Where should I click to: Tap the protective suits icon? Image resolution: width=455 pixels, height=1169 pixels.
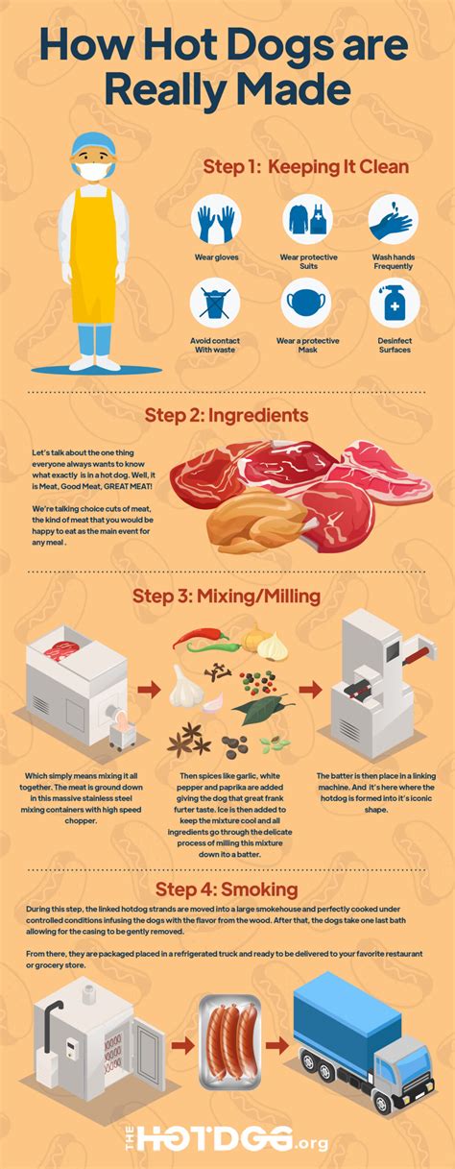306,220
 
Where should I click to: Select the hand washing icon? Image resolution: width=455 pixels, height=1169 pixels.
394,220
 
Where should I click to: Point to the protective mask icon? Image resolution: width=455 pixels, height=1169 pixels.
306,304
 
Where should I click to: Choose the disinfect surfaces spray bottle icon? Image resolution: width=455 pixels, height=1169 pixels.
394,304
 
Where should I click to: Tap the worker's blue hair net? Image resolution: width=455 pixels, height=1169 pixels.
92,141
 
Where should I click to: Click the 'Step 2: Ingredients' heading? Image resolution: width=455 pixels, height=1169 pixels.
227,416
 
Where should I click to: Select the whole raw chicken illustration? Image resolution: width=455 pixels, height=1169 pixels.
239,520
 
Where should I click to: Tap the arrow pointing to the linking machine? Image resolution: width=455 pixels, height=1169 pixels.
309,690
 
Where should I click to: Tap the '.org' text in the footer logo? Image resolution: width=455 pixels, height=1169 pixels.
313,1142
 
